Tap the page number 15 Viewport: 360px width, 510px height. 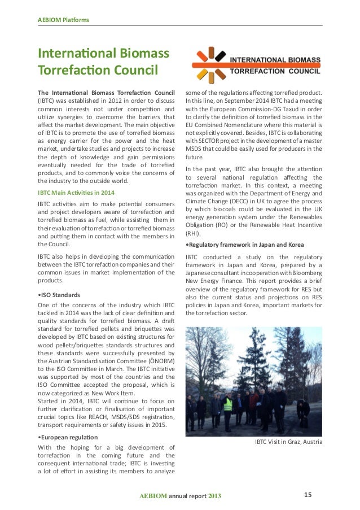308,495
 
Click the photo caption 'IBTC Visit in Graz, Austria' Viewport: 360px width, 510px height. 289,442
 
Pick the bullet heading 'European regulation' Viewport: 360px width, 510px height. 68,437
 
